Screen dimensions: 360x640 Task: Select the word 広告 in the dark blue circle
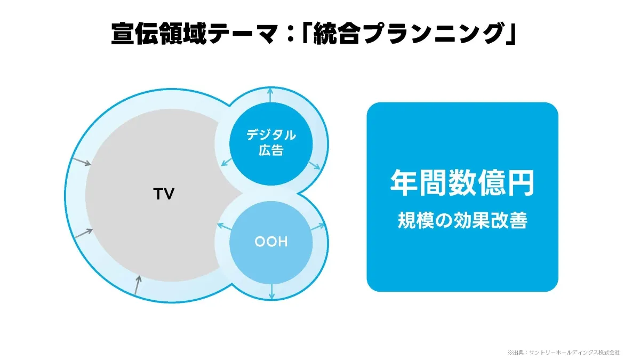click(270, 150)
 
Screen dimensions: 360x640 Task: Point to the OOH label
click(270, 242)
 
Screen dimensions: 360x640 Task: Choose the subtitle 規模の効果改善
click(462, 221)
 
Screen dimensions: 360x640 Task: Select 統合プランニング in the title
click(406, 34)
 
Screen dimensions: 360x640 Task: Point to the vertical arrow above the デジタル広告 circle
click(270, 97)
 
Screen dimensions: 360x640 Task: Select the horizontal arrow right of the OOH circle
click(318, 227)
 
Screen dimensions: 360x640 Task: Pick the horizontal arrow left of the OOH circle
click(223, 227)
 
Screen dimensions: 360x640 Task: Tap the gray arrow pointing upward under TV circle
click(138, 285)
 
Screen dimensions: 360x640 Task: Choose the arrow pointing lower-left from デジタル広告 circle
click(226, 163)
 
